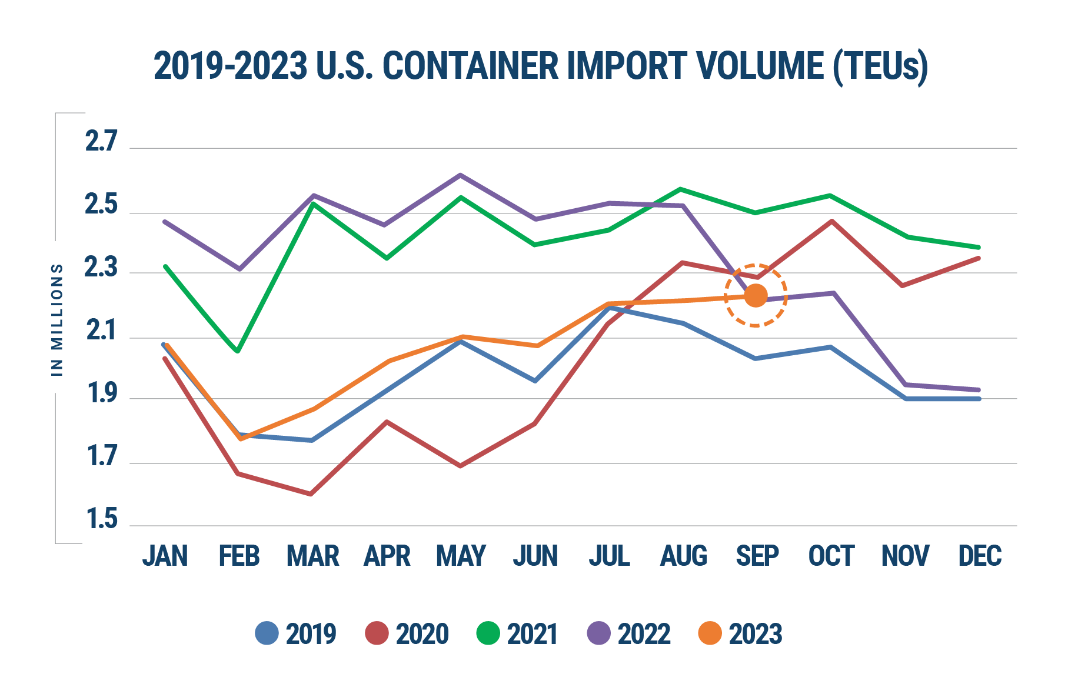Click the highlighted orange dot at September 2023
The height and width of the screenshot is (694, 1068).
click(756, 295)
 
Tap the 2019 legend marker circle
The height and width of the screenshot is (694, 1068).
click(267, 633)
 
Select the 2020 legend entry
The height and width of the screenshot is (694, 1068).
click(407, 633)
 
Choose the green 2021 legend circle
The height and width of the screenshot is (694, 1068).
click(488, 633)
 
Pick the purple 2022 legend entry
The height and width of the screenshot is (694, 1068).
click(628, 633)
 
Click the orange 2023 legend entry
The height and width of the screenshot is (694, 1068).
click(740, 633)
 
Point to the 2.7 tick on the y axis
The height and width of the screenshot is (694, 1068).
click(102, 142)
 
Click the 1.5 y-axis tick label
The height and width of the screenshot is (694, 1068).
click(102, 520)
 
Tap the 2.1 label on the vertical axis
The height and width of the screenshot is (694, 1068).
click(102, 332)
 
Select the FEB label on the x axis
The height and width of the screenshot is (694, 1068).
click(239, 556)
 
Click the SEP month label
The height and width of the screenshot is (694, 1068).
click(757, 556)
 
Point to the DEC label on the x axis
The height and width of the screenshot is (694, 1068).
click(980, 556)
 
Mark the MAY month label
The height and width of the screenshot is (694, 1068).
click(461, 556)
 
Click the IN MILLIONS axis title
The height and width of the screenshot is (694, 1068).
click(57, 319)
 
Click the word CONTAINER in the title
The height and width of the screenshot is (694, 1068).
click(470, 66)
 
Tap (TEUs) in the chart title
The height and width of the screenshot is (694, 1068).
click(880, 67)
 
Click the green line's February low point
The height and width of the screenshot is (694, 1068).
click(237, 352)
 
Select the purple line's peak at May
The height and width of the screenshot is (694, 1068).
click(460, 174)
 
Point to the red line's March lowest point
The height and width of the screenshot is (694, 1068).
click(311, 495)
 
